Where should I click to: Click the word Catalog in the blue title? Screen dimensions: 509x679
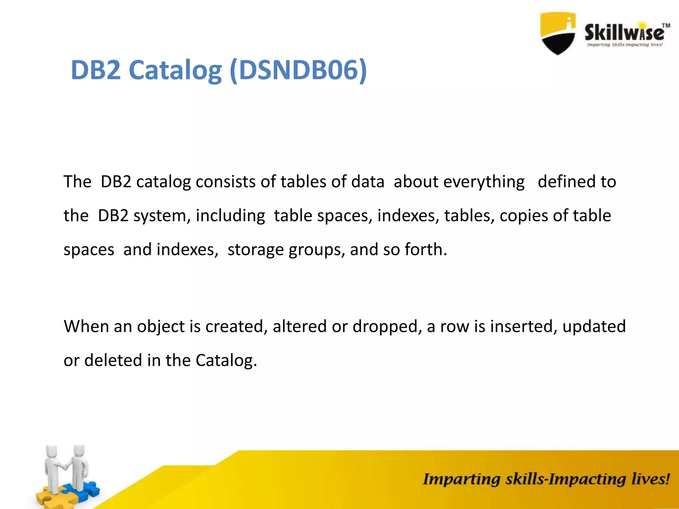tap(175, 70)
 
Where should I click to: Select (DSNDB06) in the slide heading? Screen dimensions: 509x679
tap(298, 70)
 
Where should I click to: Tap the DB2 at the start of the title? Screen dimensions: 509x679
tap(96, 70)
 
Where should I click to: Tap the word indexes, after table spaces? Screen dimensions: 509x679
tap(408, 216)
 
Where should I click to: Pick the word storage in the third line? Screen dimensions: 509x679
tap(256, 250)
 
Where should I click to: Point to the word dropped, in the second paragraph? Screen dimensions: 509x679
tap(387, 326)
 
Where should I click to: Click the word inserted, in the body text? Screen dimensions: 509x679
tap(524, 326)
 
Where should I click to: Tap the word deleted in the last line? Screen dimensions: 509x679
tap(113, 360)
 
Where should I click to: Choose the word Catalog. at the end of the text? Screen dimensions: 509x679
tap(226, 360)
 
